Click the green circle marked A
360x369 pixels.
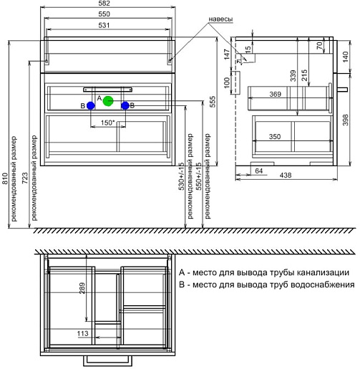108,101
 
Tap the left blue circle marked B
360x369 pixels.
91,105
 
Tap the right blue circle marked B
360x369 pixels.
125,105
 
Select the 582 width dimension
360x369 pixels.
104,4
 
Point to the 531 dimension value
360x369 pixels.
104,25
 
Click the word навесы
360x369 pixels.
220,19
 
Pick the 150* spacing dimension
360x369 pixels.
107,123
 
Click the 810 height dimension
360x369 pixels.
5,178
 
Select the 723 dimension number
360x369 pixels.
25,178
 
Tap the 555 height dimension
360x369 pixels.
212,102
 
